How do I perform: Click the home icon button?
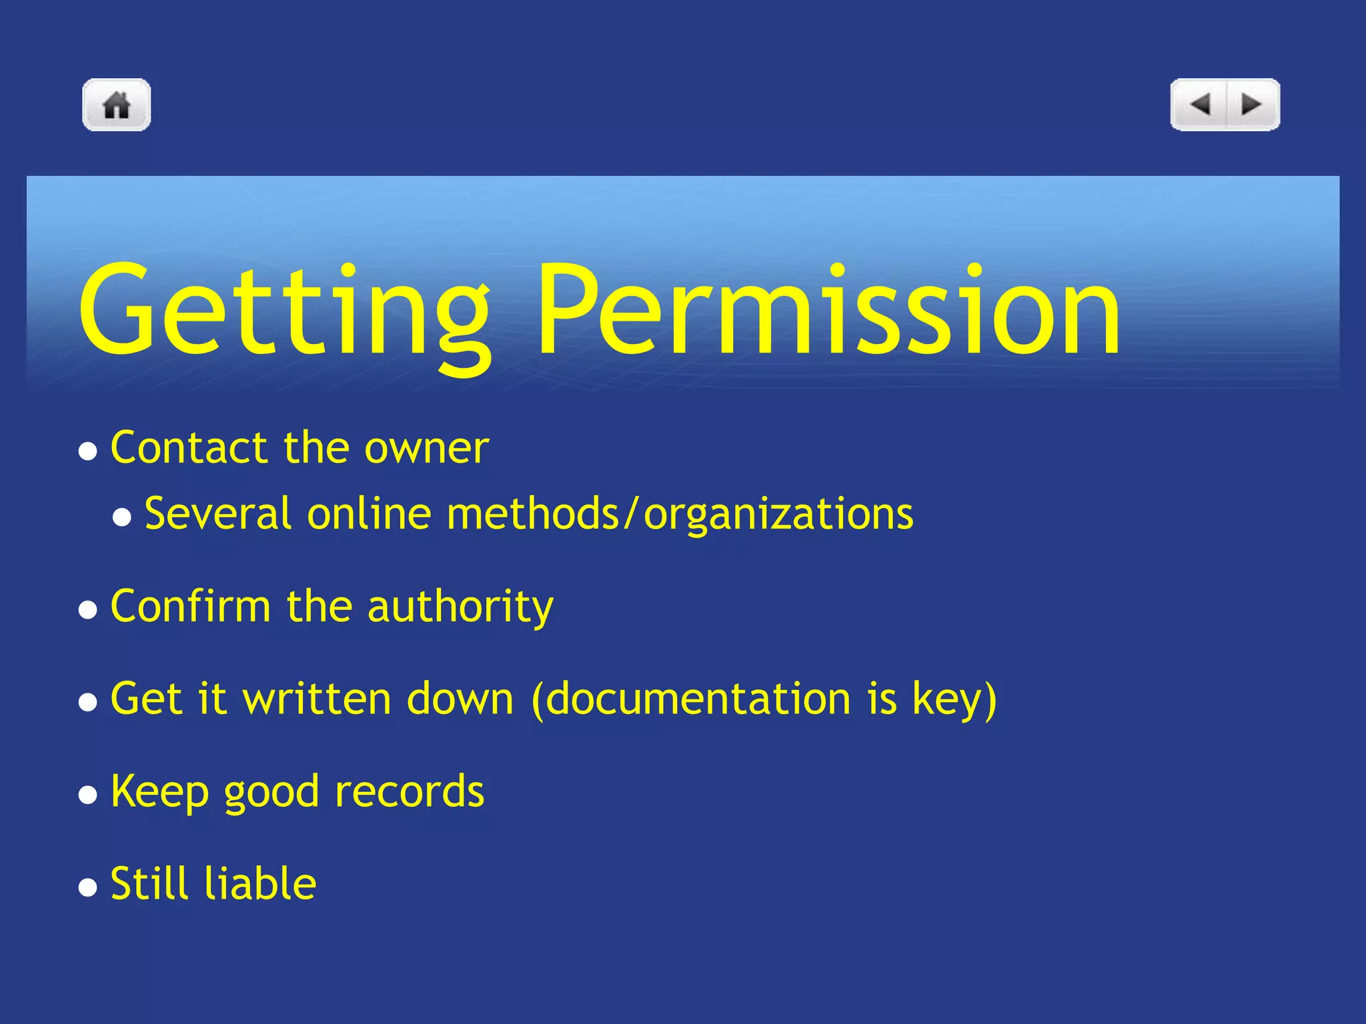(x=117, y=105)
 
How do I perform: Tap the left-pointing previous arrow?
(x=1200, y=105)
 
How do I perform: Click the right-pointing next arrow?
(x=1251, y=105)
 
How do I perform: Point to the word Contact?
(x=189, y=447)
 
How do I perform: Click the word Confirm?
(x=191, y=607)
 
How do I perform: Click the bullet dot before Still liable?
(x=88, y=887)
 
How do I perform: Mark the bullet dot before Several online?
(x=122, y=517)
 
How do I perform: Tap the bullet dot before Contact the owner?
(x=88, y=451)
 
